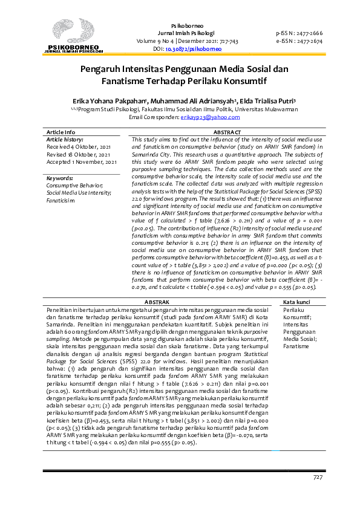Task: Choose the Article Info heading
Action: click(x=61, y=132)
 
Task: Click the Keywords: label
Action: click(x=60, y=178)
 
